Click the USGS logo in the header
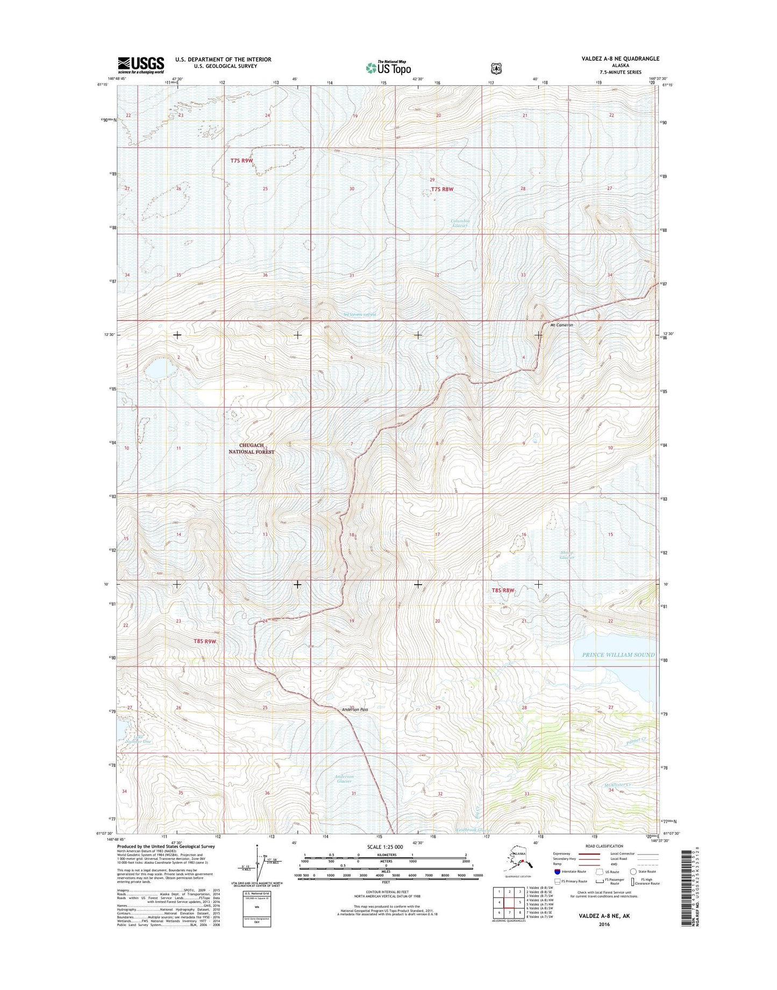coord(141,65)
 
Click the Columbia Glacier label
coord(460,223)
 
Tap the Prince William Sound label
coord(618,655)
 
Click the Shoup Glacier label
coord(567,555)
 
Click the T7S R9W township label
coord(241,161)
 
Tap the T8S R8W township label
coord(503,590)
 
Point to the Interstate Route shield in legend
coord(558,872)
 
